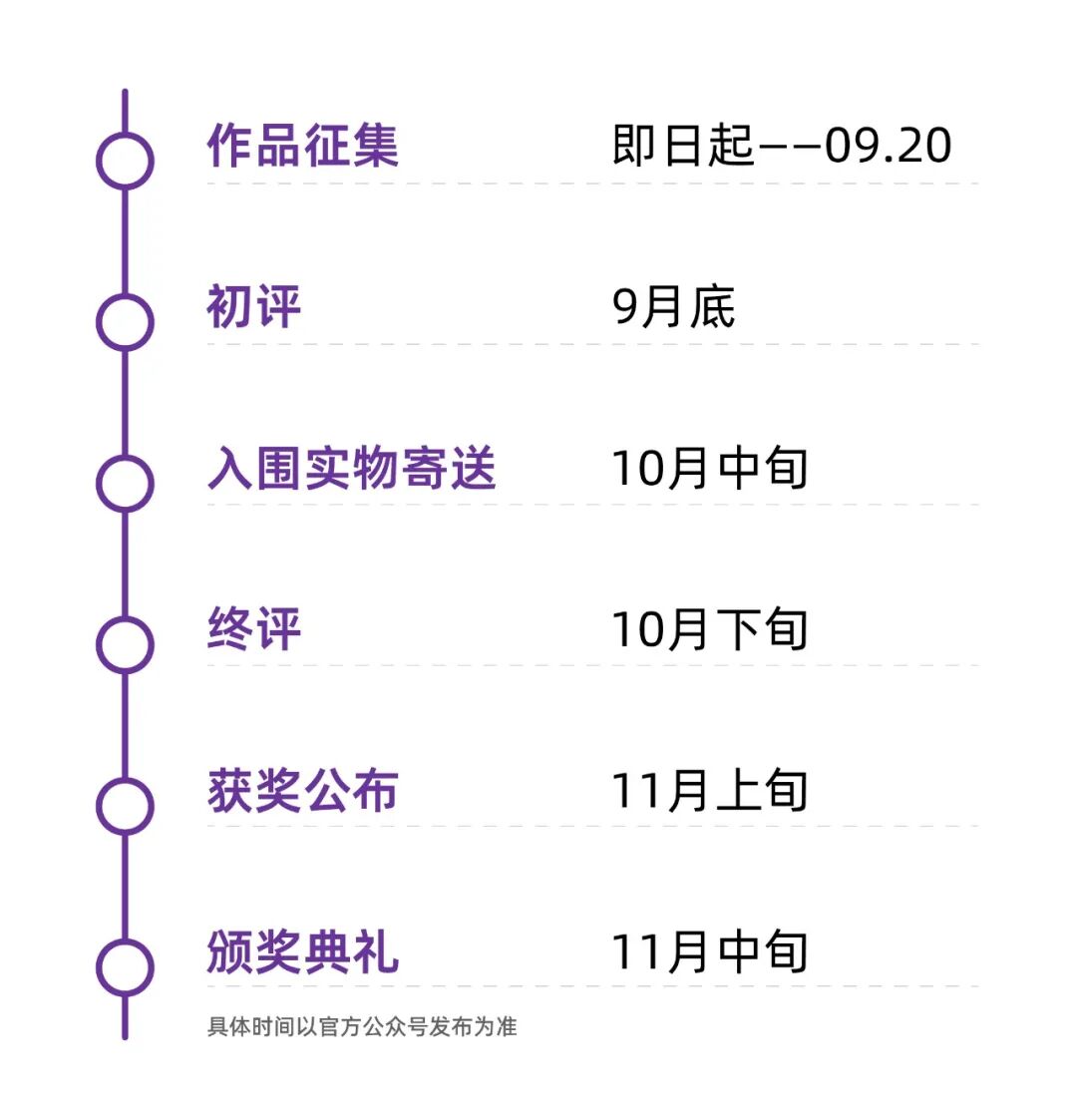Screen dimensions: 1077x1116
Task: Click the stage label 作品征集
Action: point(302,146)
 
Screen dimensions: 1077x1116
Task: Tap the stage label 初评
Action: point(254,307)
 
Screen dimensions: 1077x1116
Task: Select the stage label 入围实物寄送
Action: point(351,469)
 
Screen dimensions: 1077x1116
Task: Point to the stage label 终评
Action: point(254,629)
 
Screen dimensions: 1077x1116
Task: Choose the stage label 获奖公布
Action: point(302,791)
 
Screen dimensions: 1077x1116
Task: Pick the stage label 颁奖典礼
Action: point(302,951)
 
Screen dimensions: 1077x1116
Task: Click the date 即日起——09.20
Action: point(782,146)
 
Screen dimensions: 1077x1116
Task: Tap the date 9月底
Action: point(673,307)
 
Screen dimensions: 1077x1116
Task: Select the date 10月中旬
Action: point(710,469)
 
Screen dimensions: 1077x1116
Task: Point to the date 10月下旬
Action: point(710,629)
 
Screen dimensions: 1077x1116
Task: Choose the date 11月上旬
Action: point(710,791)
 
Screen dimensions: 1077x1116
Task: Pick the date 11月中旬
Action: point(710,951)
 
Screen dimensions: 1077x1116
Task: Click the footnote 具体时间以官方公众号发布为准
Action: point(362,1026)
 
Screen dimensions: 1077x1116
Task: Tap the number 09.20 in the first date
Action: point(888,146)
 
